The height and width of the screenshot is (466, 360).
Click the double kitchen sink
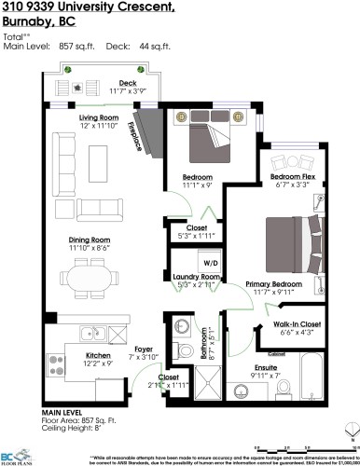(91, 334)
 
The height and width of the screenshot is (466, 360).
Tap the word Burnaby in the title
(21, 24)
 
